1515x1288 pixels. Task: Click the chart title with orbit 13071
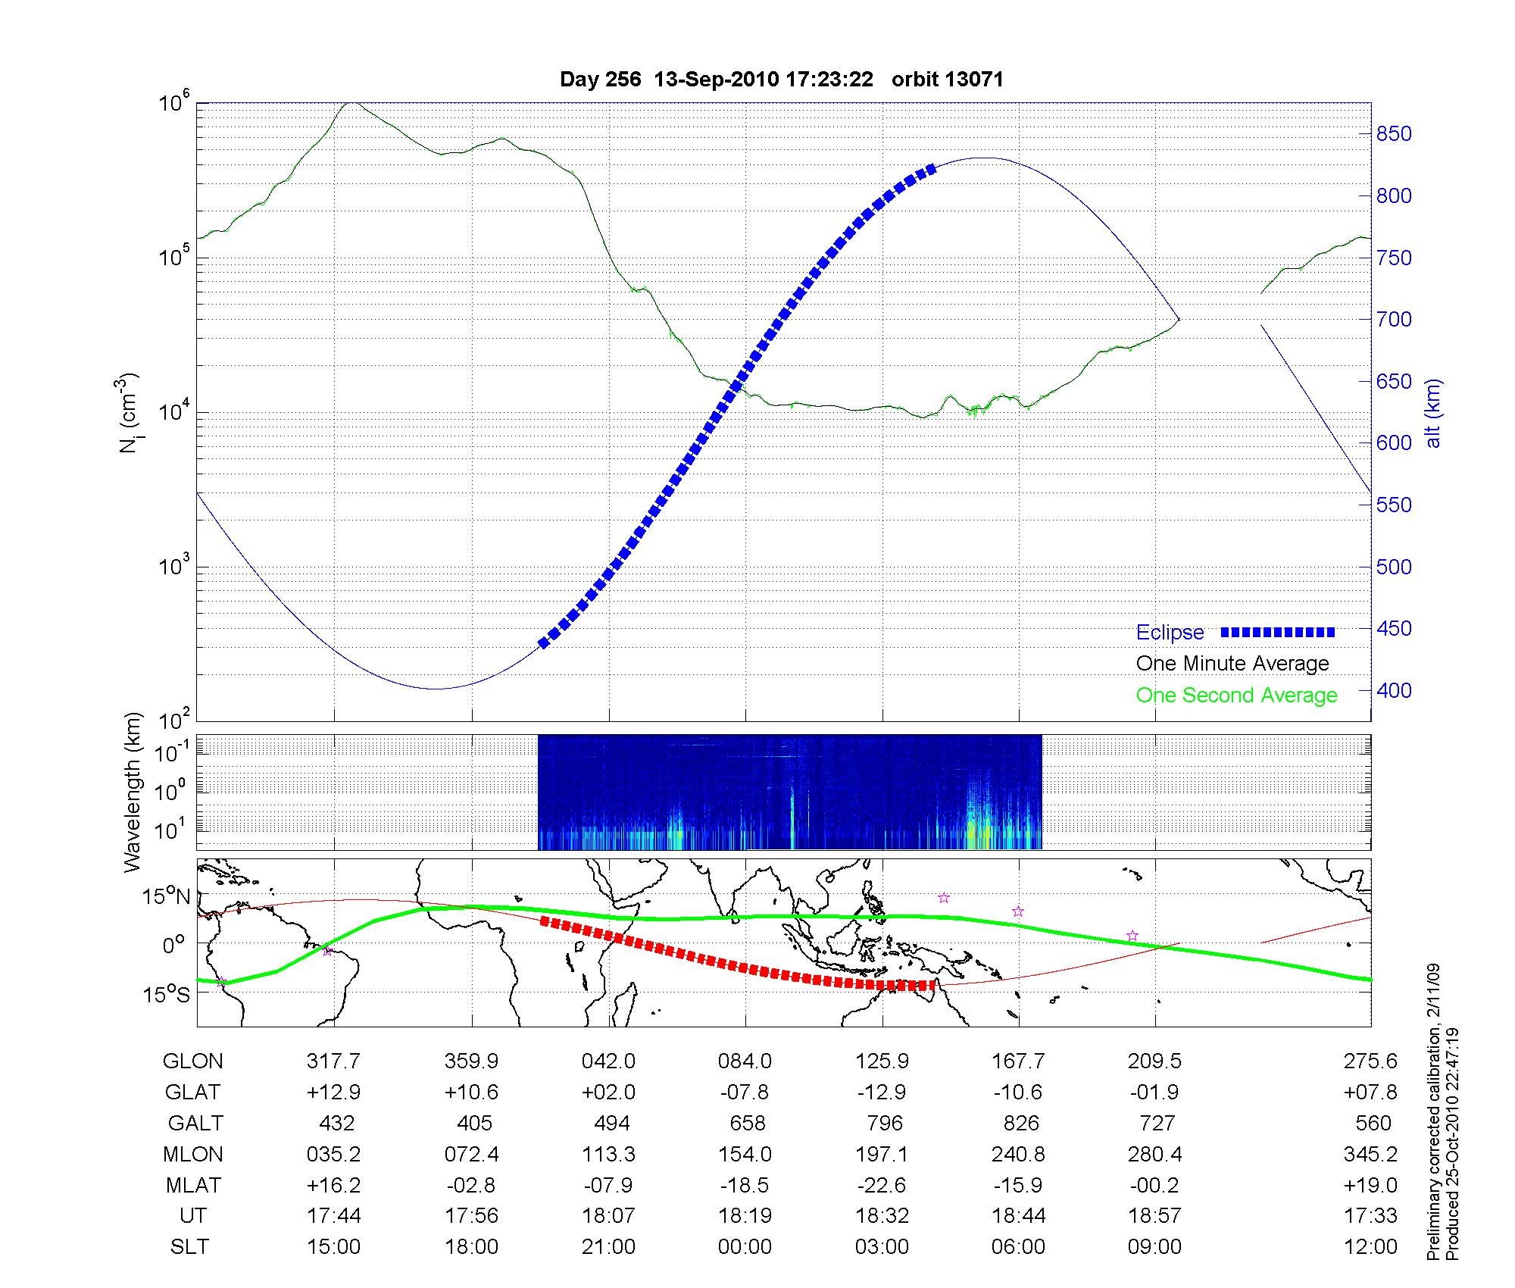pos(781,80)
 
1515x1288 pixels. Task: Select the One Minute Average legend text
pos(1232,664)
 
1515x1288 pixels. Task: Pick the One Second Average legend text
pos(1236,696)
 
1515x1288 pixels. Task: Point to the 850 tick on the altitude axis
pos(1394,134)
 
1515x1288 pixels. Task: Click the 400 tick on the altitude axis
pos(1394,690)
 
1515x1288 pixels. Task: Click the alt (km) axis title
pos(1433,413)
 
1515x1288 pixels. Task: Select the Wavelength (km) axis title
pos(133,792)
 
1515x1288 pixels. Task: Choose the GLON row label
pos(192,1061)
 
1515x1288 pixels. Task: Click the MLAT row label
pos(193,1185)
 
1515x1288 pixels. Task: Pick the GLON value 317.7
pos(333,1061)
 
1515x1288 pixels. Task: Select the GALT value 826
pos(1019,1123)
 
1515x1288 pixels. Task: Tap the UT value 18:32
pos(882,1216)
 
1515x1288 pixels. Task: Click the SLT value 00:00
pos(745,1247)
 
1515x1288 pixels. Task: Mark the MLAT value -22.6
pos(882,1185)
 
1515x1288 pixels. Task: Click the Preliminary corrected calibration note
pos(1432,1113)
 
